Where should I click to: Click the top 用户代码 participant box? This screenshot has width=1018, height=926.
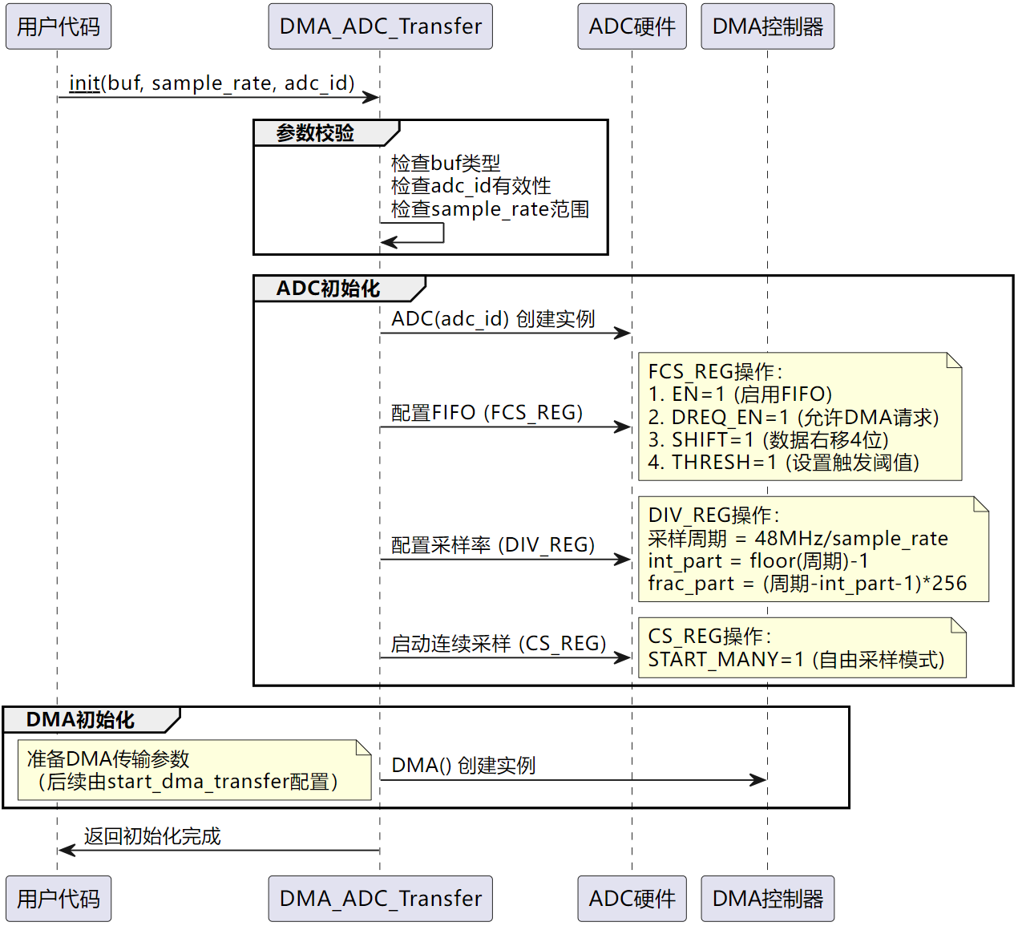pos(59,26)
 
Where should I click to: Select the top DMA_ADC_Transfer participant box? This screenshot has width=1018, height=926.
pos(380,26)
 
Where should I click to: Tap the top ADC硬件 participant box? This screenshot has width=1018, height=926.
pos(632,26)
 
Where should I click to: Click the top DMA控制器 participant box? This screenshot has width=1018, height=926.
pos(767,26)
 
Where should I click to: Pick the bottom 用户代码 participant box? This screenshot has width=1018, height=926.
pos(59,898)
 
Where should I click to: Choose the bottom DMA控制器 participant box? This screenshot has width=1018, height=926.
pos(767,898)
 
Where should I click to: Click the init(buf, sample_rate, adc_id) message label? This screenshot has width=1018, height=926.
pos(212,83)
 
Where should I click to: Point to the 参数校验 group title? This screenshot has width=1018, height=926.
pos(315,133)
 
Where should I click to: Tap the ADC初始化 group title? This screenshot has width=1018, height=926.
pos(328,289)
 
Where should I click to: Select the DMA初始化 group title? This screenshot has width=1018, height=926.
pos(80,719)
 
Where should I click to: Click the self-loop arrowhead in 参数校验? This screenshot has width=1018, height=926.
pos(388,242)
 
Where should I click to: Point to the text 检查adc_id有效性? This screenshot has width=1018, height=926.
pos(471,186)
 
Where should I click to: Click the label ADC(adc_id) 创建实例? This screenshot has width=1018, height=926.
pos(493,319)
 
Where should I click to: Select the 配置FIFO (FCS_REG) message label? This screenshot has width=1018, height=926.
pos(487,413)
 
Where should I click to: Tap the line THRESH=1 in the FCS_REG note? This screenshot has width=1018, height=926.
pos(784,462)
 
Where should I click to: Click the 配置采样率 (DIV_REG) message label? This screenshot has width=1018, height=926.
pos(492,544)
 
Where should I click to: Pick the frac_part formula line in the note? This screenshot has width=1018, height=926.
pos(807,584)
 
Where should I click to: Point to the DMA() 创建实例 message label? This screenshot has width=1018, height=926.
pos(463,765)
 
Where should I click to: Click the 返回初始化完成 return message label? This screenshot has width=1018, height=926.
pos(152,835)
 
